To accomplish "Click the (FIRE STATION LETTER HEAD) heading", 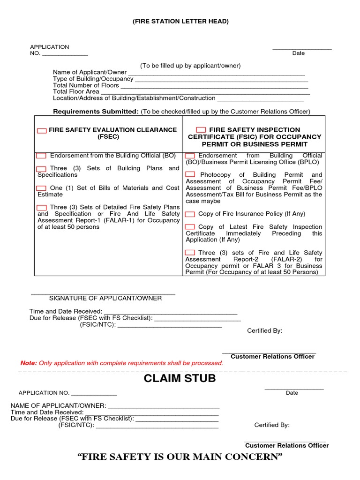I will point(180,22).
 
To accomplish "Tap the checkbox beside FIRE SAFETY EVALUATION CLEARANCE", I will point(42,131).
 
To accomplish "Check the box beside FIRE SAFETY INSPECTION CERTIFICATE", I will point(201,130).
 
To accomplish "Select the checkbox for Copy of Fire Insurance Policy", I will point(190,214).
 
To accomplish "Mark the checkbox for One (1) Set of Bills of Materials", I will point(42,188).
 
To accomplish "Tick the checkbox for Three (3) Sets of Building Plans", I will point(42,169).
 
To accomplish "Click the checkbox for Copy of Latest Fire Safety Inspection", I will point(190,227).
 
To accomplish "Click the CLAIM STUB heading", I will point(180,379).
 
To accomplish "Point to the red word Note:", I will point(28,363).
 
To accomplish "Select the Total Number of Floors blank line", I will point(214,86).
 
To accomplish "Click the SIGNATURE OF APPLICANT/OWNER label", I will point(105,299).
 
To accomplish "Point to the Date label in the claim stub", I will point(292,393).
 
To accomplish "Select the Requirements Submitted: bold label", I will point(96,112).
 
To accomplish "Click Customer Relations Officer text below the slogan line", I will point(287,445).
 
